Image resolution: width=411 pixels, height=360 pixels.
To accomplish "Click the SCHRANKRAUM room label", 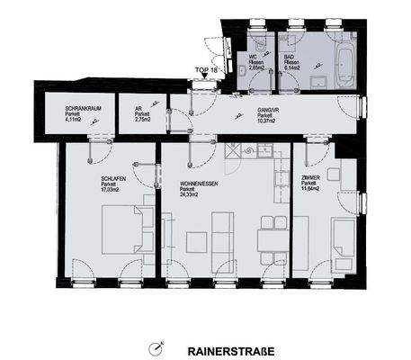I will pyautogui.click(x=84, y=108).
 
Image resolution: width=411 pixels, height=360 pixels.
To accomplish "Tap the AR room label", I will pyautogui.click(x=139, y=108).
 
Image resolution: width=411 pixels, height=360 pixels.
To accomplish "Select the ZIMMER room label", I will pyautogui.click(x=312, y=179).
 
